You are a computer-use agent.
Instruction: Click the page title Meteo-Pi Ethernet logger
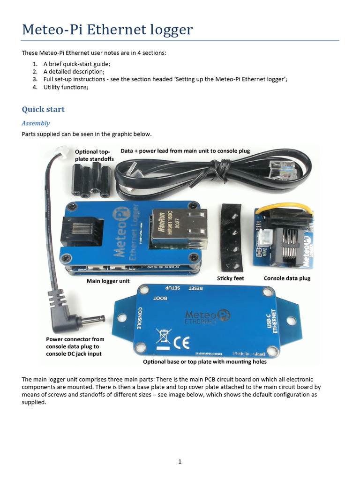point(107,30)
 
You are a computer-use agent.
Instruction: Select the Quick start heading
point(43,110)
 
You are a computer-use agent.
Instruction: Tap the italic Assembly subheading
point(36,123)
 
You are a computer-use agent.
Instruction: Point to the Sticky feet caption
point(230,278)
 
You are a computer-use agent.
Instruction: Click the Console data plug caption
point(287,278)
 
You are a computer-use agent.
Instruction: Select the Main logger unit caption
point(107,281)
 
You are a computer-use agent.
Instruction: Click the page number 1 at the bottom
point(180,462)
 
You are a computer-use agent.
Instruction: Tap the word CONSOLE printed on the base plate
point(139,319)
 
